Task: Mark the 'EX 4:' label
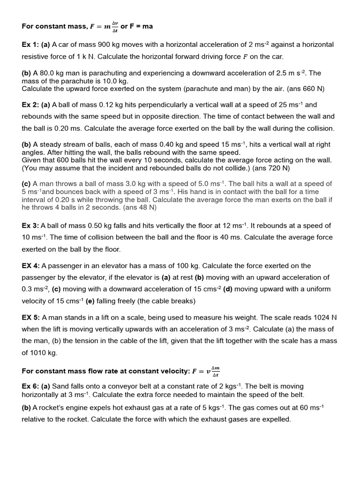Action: pos(31,266)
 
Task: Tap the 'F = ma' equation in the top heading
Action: pos(141,26)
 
